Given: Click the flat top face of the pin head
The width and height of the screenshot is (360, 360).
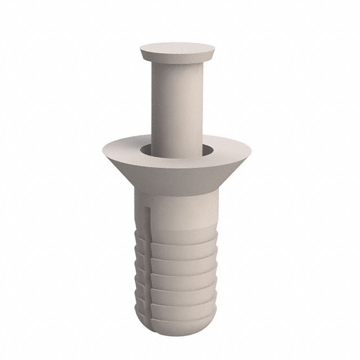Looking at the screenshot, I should pos(177,48).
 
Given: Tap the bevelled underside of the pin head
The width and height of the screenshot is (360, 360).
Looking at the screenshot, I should pos(177,58).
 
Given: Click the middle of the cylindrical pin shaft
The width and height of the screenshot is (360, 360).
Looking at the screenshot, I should pos(177,107).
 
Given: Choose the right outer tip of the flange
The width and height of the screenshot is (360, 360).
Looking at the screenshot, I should pos(250,150).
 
